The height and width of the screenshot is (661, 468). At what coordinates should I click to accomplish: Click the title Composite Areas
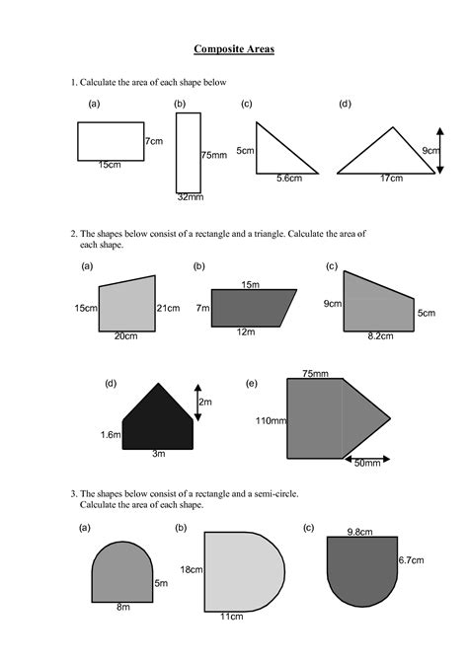(x=234, y=49)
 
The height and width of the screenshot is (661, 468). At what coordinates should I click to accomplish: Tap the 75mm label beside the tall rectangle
(x=214, y=155)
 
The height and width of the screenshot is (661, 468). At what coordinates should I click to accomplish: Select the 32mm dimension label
(x=191, y=197)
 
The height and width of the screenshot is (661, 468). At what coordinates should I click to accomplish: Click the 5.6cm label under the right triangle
(x=289, y=179)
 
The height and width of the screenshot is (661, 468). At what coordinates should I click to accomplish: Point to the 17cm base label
(x=391, y=179)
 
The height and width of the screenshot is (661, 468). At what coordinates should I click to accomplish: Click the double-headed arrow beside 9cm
(x=440, y=151)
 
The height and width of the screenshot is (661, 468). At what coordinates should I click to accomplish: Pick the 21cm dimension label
(x=169, y=308)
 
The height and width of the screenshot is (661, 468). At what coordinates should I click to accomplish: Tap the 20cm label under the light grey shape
(x=125, y=336)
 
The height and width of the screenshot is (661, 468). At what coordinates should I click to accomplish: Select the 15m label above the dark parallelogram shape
(x=250, y=284)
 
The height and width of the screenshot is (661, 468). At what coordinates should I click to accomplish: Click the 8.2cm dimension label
(x=380, y=336)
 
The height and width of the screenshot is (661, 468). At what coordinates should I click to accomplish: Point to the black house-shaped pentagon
(x=158, y=421)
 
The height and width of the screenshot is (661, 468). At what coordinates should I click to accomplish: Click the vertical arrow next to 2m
(x=197, y=403)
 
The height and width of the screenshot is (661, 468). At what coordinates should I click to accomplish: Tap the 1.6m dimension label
(x=111, y=435)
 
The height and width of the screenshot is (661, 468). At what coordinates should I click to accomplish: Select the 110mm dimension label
(x=271, y=420)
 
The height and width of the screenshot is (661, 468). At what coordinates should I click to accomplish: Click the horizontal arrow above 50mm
(x=367, y=459)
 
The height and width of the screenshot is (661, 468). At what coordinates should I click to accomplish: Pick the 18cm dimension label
(x=192, y=569)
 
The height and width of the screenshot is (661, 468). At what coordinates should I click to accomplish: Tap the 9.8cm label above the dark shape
(x=360, y=532)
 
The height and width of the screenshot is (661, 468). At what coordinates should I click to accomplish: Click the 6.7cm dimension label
(x=411, y=560)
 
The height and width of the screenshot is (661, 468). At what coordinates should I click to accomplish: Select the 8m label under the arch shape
(x=123, y=607)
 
